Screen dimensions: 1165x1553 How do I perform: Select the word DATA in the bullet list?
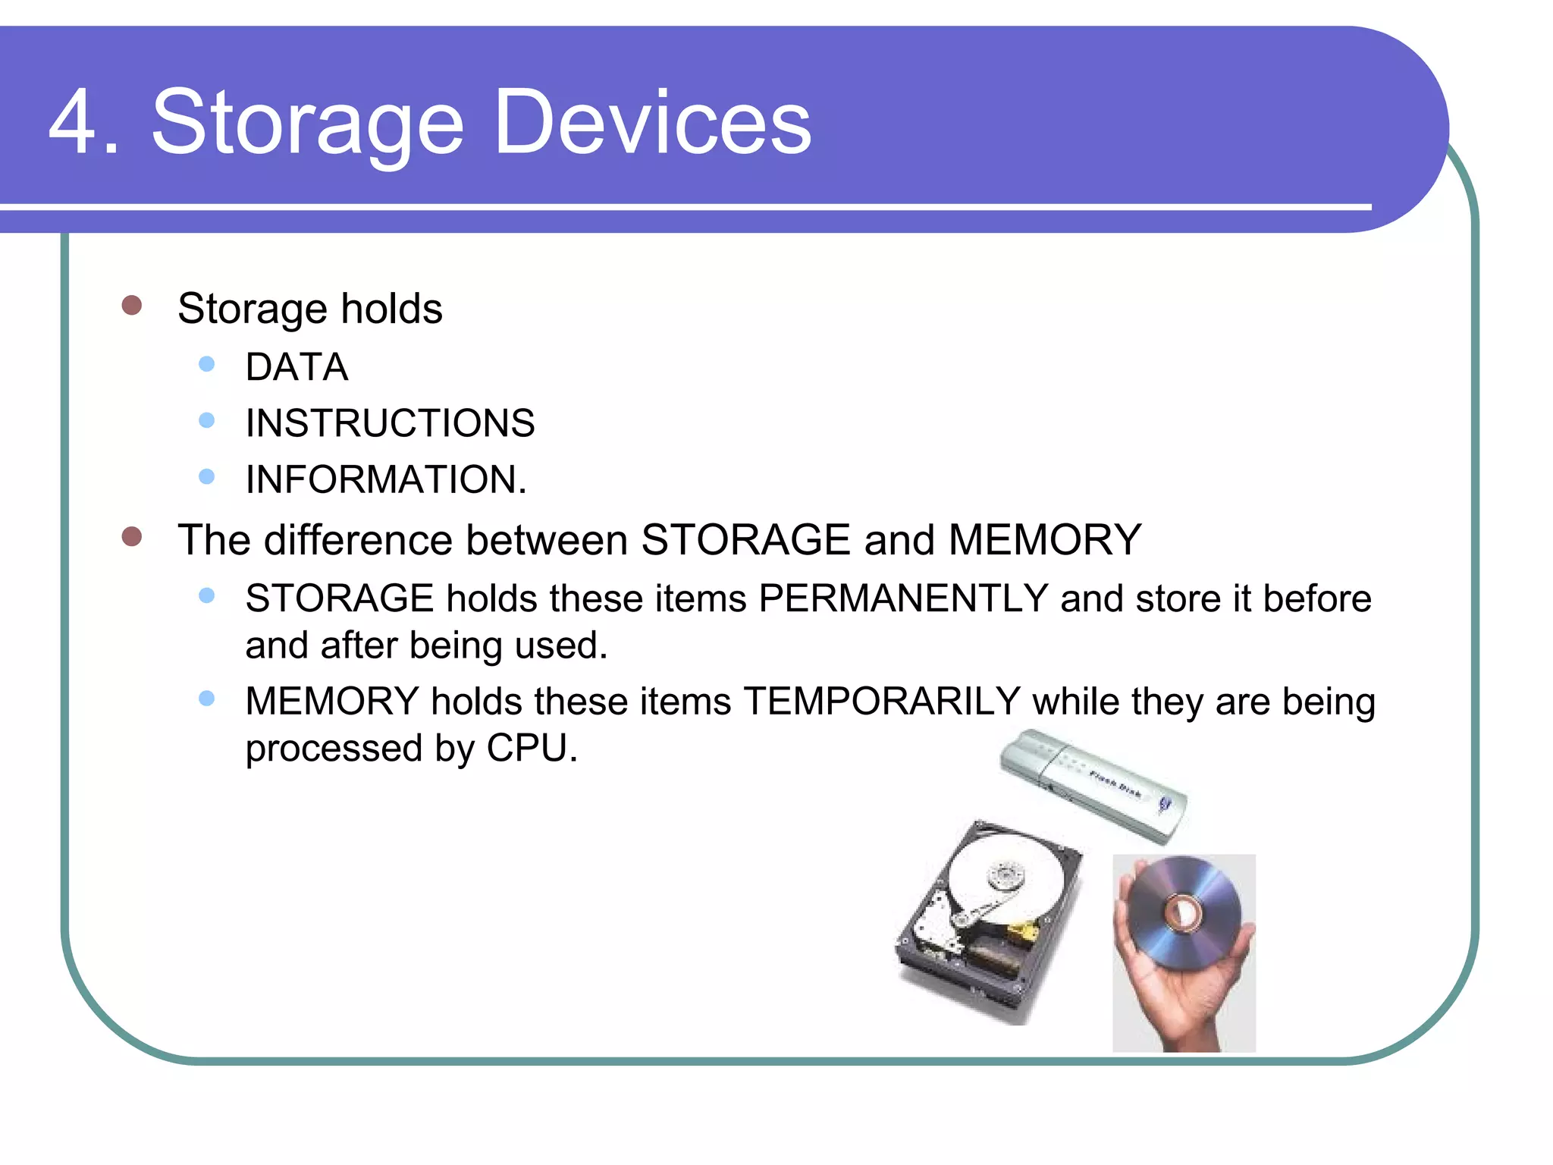point(296,368)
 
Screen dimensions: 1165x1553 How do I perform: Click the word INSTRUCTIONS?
point(390,423)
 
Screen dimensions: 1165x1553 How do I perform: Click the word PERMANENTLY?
point(903,598)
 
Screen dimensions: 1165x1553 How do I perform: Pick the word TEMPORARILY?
point(882,701)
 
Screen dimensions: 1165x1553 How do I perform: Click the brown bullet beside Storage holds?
point(132,305)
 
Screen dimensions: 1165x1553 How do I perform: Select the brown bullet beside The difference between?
point(132,537)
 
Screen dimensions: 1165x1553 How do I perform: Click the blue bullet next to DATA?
point(206,364)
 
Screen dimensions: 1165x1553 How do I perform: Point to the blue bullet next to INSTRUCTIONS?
point(206,420)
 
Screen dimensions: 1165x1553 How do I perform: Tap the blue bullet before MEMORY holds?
point(206,699)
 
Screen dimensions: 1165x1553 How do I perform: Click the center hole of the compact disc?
point(1182,912)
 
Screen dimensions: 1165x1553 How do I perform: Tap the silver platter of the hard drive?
point(1009,872)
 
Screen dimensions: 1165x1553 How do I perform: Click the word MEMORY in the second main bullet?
point(1045,540)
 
